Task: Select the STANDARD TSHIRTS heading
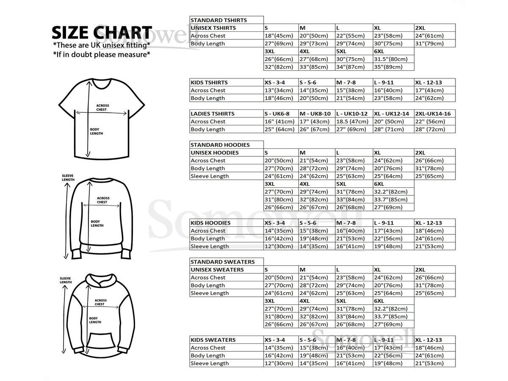point(218,20)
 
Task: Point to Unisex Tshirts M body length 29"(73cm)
point(314,44)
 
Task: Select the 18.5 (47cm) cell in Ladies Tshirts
point(352,122)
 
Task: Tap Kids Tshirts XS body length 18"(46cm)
point(279,98)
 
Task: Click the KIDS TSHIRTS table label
point(209,83)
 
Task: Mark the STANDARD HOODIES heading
point(220,145)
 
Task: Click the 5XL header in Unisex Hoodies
point(342,184)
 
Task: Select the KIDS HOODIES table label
point(210,223)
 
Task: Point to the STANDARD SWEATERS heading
point(222,262)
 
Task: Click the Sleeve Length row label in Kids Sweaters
point(210,363)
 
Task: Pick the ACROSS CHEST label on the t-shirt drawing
point(102,108)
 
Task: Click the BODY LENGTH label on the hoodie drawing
point(95,320)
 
